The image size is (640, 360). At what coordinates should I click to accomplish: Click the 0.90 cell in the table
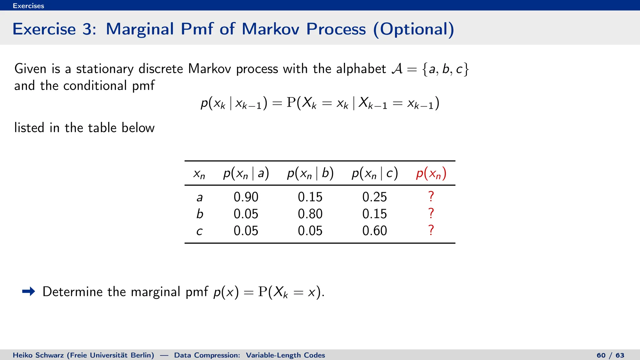246,197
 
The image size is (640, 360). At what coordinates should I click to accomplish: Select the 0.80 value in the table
310,214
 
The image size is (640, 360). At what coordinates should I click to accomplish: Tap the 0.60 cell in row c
374,231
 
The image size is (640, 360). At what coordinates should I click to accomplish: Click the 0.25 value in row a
374,197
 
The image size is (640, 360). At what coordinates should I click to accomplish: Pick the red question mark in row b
431,213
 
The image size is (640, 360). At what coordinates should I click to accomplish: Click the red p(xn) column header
431,173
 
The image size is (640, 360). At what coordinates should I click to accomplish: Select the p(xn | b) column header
310,173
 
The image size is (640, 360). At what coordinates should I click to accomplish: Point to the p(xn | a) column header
246,173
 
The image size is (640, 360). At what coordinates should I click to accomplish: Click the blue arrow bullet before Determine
29,292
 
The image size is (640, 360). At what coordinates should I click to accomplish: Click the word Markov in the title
270,29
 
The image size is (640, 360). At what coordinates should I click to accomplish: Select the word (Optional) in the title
413,29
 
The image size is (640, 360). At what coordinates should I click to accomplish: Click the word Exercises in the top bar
28,6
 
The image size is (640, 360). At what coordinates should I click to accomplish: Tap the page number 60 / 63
610,355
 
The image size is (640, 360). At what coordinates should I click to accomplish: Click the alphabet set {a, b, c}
445,69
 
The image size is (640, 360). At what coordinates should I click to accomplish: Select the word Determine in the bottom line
72,292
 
